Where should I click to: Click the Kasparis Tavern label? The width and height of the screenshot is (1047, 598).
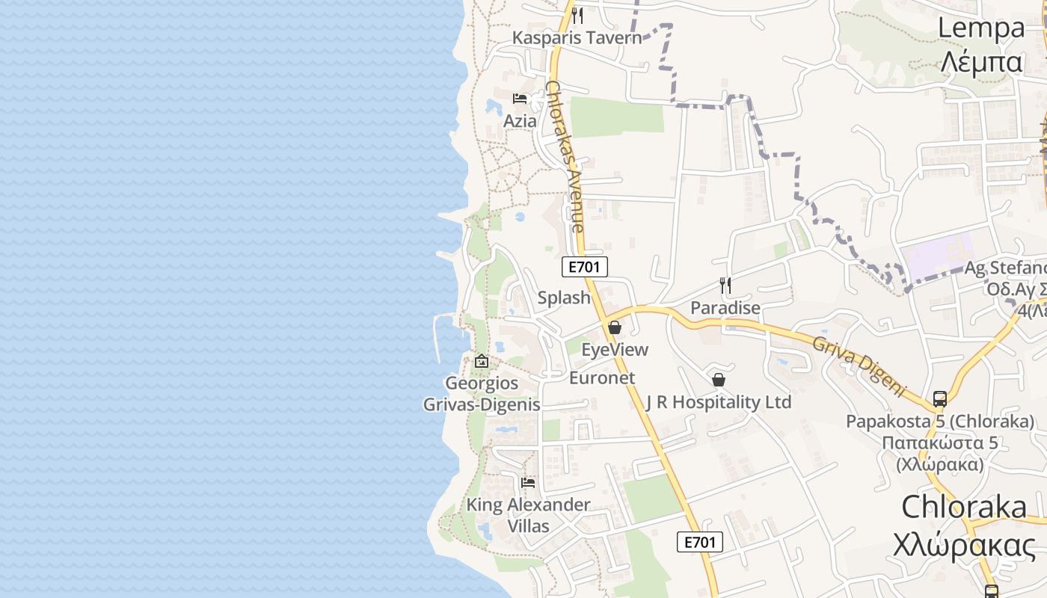pos(577,37)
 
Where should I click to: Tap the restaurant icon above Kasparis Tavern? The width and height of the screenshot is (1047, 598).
pos(577,16)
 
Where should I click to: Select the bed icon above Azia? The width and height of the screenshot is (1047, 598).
pos(520,99)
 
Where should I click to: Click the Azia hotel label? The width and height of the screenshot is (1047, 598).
pos(520,121)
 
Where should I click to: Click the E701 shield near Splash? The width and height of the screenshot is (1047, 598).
pos(585,267)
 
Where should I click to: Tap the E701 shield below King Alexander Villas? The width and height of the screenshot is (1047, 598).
pos(700,542)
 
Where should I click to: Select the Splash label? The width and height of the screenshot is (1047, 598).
pos(564,298)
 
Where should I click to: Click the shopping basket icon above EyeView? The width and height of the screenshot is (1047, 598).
pos(615,327)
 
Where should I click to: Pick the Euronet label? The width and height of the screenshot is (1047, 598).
pos(602,377)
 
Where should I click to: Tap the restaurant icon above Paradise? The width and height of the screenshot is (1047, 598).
pos(725,285)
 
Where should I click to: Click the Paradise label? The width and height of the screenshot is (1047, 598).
pos(725,307)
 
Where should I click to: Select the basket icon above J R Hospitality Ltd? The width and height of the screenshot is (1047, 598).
pos(719,380)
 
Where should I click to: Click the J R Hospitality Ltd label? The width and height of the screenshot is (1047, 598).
pos(718,402)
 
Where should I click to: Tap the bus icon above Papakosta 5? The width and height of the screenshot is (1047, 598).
pos(940,398)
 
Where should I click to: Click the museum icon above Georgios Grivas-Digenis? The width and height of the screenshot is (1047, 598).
pos(482,362)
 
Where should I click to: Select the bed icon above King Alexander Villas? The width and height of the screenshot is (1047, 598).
pos(528,483)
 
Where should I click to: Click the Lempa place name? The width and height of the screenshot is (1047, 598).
pos(981,28)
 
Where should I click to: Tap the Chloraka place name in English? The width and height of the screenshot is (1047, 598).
pos(964,507)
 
